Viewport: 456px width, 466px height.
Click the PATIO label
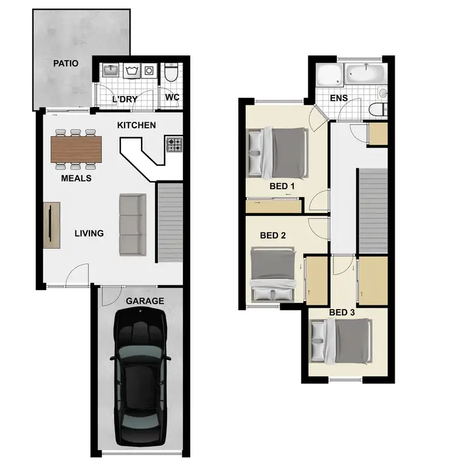66,63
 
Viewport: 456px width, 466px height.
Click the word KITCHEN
137,125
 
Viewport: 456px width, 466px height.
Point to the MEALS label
76,178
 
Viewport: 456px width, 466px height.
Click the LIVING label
89,233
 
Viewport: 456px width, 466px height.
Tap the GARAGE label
145,301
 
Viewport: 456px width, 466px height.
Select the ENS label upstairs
338,98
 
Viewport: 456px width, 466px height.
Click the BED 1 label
282,186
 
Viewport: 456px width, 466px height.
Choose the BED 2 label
272,235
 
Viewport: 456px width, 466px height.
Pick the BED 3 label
342,313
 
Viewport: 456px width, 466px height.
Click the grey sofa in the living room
132,224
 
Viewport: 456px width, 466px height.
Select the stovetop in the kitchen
174,145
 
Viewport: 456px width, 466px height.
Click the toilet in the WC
171,74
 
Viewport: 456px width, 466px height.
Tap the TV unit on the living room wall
51,226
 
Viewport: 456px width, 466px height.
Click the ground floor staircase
170,223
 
